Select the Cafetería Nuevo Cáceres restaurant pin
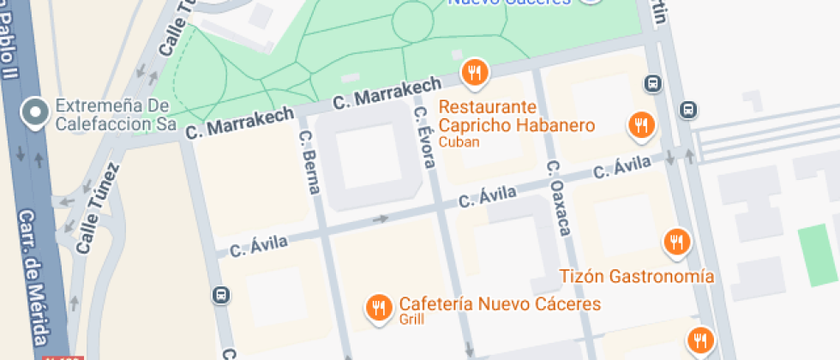pos(378,308)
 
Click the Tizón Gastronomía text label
pos(637,276)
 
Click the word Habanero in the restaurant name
pos(553,125)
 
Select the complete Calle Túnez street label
pos(97,208)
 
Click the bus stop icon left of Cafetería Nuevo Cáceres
pos(221,295)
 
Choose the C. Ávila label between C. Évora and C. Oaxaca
pos(487,197)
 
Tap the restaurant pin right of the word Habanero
pos(640,126)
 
